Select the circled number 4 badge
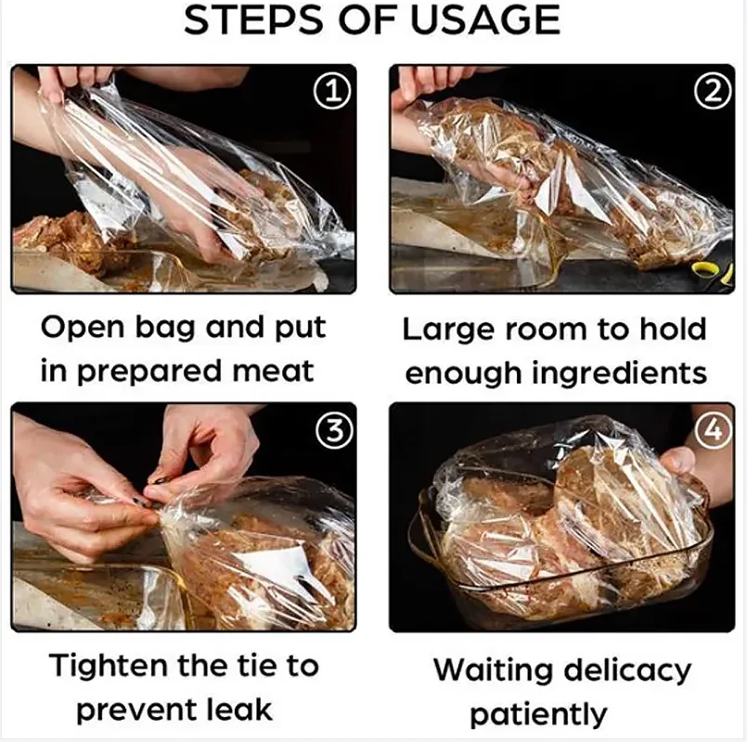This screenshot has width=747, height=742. point(713,429)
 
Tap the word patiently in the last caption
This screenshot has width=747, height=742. point(538,714)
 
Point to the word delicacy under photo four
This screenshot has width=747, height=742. point(637,670)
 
